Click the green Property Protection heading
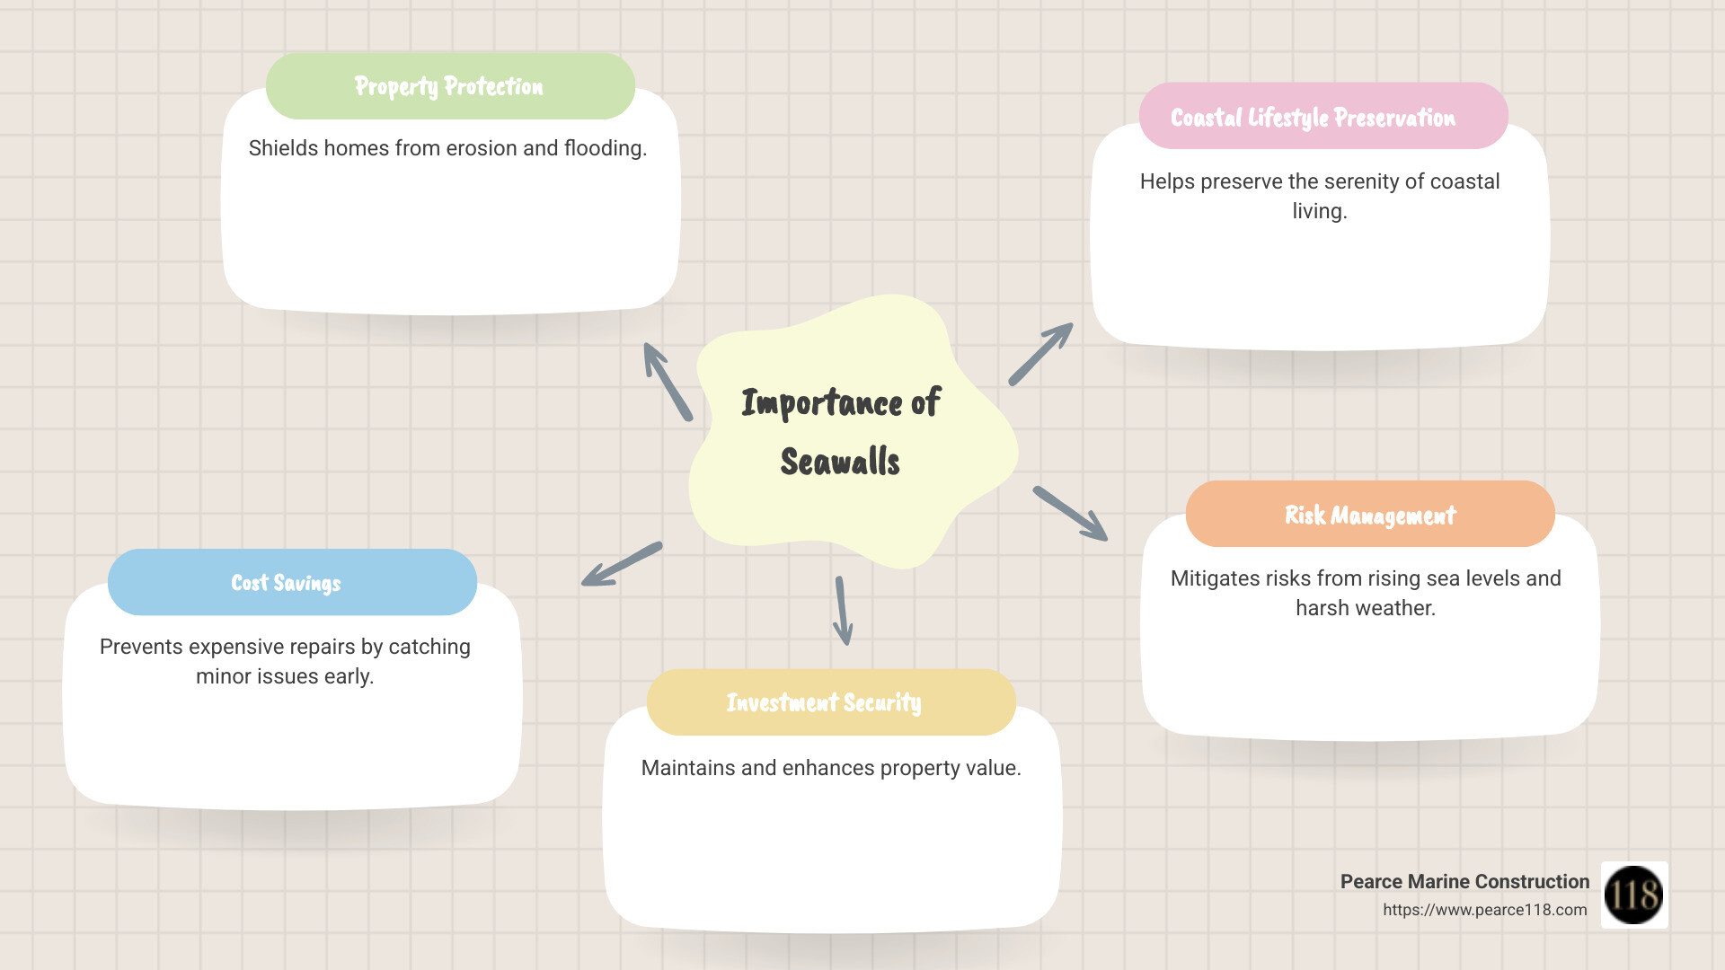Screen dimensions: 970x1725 click(449, 86)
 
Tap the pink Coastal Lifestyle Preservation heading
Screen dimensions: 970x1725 click(1313, 118)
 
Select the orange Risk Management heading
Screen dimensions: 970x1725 click(1370, 515)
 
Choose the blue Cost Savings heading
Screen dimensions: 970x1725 click(287, 583)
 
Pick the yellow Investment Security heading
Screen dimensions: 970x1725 click(824, 702)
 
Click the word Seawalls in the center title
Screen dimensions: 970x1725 click(840, 462)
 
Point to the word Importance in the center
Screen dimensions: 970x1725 click(822, 403)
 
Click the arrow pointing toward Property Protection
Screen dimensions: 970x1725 click(667, 381)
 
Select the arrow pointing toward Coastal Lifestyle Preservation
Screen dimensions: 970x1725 click(1041, 353)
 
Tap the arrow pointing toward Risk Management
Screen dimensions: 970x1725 click(1070, 514)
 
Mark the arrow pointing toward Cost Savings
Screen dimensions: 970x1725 click(622, 564)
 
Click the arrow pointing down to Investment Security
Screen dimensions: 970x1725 click(843, 611)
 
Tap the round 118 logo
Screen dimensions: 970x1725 click(1634, 895)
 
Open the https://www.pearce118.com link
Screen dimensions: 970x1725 click(1485, 910)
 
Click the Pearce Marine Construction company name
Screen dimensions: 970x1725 click(1464, 882)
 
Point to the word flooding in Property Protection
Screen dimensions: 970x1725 click(605, 148)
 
